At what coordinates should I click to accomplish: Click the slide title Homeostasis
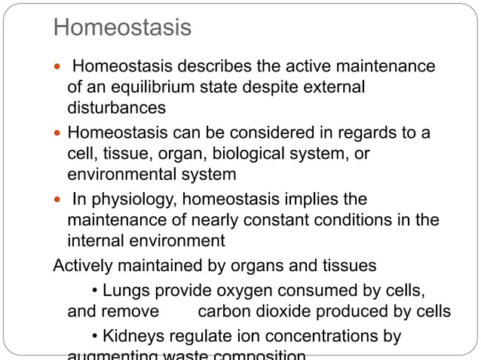pyautogui.click(x=122, y=29)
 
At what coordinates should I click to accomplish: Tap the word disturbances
pyautogui.click(x=116, y=108)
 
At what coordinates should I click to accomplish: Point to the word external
pyautogui.click(x=333, y=87)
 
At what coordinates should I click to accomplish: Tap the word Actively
pyautogui.click(x=82, y=265)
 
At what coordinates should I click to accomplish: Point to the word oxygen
pyautogui.click(x=227, y=291)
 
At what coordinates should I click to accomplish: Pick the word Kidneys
pyautogui.click(x=131, y=336)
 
